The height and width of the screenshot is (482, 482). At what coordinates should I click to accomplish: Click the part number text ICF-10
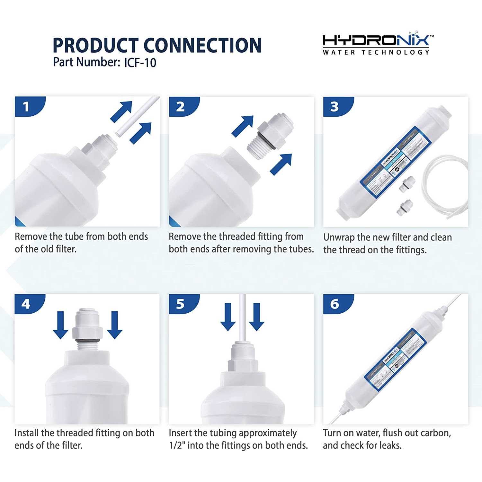(140, 62)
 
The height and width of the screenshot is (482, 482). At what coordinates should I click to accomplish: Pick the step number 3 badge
(335, 106)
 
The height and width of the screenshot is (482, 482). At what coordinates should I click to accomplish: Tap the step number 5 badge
(181, 304)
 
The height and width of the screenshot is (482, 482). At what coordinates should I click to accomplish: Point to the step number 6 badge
(335, 304)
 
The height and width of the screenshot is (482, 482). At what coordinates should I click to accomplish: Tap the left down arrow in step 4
(60, 325)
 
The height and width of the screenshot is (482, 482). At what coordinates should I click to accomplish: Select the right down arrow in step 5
(256, 317)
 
